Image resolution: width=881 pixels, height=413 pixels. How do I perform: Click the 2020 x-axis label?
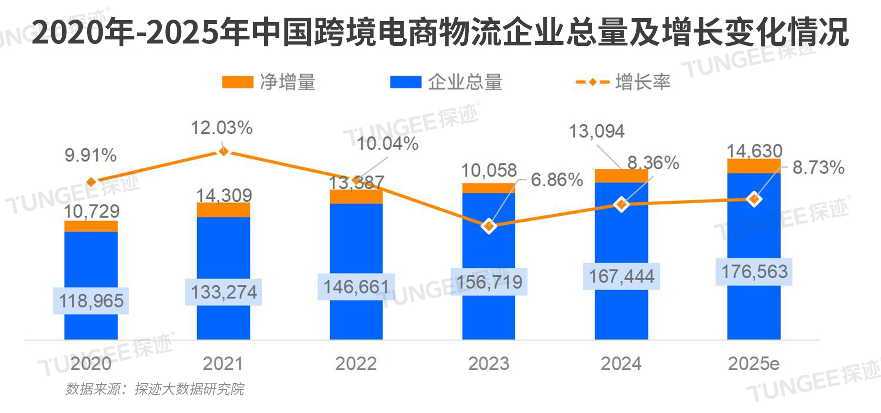click(91, 364)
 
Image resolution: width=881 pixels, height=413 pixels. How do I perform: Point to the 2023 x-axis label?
click(489, 364)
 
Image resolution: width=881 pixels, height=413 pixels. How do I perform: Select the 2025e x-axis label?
click(754, 364)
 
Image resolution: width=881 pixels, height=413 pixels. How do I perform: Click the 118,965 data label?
click(91, 301)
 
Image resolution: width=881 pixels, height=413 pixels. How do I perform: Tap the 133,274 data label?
click(224, 292)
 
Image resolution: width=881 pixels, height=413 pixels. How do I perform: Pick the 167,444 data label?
click(621, 276)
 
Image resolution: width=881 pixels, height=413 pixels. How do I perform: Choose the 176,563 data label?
click(754, 272)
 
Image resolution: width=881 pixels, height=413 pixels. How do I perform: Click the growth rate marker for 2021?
click(223, 152)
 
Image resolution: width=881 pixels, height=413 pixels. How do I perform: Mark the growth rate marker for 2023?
click(489, 226)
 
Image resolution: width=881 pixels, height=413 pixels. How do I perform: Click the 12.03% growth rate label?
click(221, 128)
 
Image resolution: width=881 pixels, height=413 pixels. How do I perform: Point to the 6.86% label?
click(557, 180)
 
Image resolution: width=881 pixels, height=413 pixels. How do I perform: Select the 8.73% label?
click(818, 167)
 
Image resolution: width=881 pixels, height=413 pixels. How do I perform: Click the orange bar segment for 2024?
click(621, 176)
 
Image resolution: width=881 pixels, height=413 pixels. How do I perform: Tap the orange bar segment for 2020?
click(91, 226)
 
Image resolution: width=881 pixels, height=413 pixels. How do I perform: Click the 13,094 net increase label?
click(596, 131)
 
